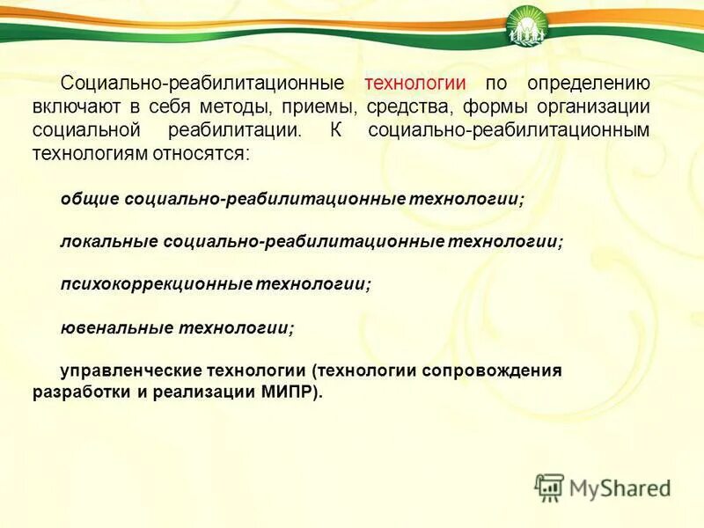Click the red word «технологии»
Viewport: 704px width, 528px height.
[414, 84]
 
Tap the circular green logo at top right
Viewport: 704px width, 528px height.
[527, 26]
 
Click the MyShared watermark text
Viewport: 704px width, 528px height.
[620, 488]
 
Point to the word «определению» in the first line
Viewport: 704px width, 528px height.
[589, 84]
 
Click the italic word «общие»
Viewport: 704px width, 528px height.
[89, 200]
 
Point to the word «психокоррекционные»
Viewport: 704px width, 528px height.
[157, 284]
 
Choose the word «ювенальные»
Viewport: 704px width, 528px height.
[116, 327]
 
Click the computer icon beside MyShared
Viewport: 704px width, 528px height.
[549, 487]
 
